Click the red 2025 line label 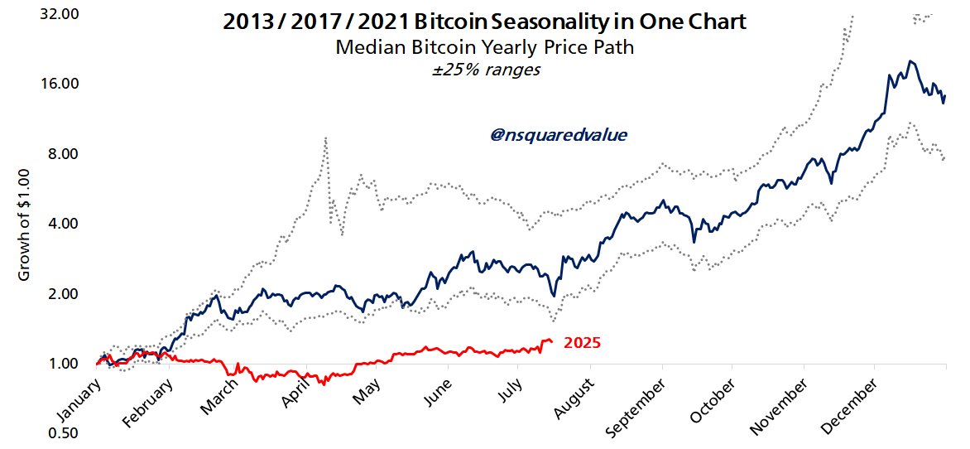pos(582,343)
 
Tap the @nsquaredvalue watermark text pos(558,134)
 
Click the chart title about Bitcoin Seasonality pos(484,22)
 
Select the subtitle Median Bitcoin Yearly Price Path pos(484,47)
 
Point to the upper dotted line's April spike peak pos(326,138)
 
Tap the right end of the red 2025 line pos(553,341)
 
